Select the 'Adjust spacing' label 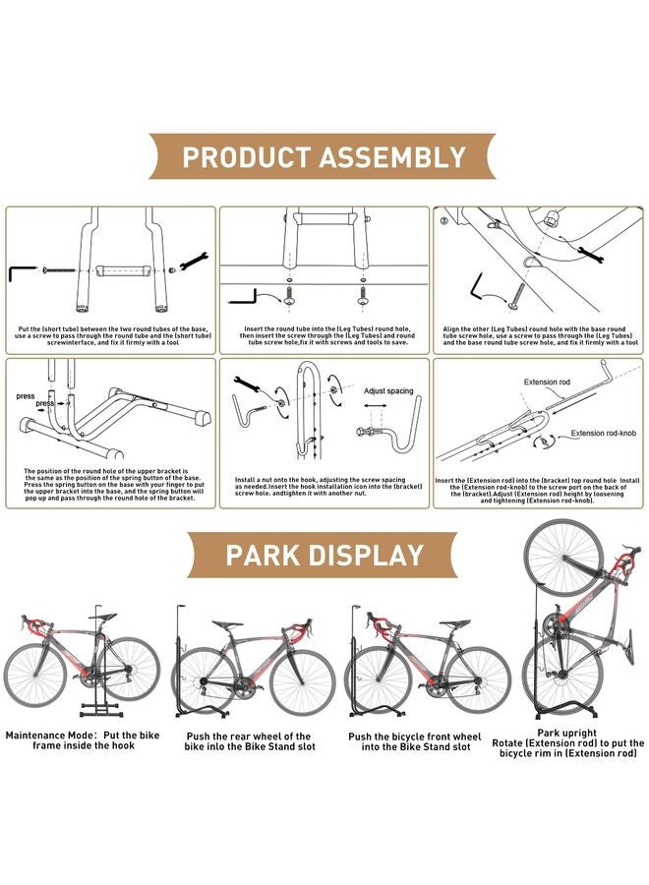click(x=390, y=390)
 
